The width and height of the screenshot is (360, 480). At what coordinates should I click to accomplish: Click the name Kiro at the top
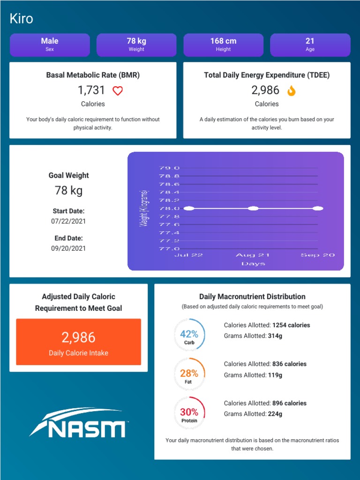tap(21, 19)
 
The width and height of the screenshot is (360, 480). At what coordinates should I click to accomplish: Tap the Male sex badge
tap(50, 45)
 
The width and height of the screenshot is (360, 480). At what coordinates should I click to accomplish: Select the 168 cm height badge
tap(223, 45)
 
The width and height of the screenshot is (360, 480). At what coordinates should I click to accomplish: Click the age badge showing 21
tap(310, 45)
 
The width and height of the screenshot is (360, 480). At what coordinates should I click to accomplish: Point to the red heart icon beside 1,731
tap(118, 91)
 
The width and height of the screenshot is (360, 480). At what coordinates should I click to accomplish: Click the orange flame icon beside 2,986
tap(291, 90)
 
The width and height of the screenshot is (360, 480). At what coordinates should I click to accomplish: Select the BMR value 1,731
tap(91, 90)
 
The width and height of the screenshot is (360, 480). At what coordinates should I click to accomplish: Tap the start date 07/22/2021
tap(68, 221)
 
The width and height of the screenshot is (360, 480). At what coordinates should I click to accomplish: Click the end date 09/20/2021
tap(68, 248)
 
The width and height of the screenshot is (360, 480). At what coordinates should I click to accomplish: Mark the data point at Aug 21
tap(253, 208)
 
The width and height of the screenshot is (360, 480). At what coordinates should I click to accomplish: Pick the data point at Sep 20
tap(317, 208)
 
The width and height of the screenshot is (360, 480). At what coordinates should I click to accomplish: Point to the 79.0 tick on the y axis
tap(170, 168)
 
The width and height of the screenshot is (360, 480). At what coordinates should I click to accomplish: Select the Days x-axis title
tap(253, 264)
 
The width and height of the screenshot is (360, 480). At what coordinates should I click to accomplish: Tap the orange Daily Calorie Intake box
tap(78, 342)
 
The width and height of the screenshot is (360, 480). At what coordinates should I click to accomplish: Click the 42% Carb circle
tap(189, 334)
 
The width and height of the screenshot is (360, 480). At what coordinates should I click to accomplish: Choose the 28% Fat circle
tap(189, 374)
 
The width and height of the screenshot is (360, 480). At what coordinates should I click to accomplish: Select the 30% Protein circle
tap(189, 412)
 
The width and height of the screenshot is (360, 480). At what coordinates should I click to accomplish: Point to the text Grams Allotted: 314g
tap(253, 336)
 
